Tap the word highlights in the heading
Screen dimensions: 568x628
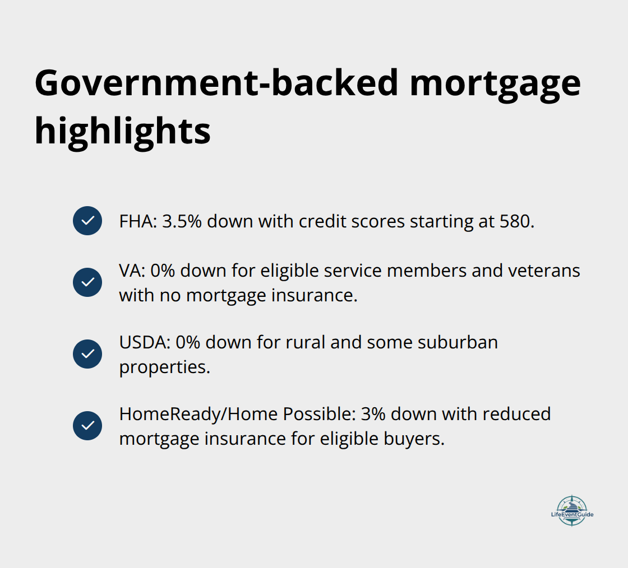point(123,132)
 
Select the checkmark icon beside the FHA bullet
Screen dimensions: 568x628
point(87,221)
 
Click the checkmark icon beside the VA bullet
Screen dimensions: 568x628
point(87,282)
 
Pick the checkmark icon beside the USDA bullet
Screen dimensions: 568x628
point(87,354)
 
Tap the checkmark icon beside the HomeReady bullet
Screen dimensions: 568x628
point(87,426)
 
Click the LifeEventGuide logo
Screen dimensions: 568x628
point(571,510)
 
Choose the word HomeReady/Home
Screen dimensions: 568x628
point(198,415)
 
